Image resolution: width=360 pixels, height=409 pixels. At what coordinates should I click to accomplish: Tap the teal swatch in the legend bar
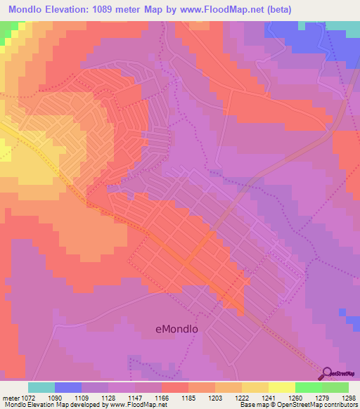pyautogui.click(x=41, y=387)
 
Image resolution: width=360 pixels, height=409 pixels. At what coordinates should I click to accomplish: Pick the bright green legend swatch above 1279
pyautogui.click(x=308, y=387)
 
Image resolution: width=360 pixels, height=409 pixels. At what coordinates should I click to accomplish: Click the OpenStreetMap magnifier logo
pyautogui.click(x=326, y=373)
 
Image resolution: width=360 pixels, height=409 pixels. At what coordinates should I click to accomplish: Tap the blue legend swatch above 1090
pyautogui.click(x=68, y=387)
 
